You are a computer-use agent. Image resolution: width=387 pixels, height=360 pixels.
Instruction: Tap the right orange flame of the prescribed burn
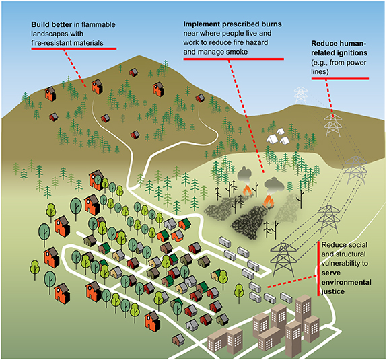tap(271, 200)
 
